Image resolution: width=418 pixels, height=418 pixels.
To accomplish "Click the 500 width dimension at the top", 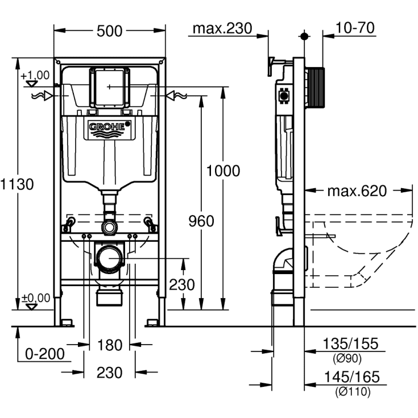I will pos(110,31).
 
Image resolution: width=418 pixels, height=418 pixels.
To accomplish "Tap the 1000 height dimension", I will pos(223,171).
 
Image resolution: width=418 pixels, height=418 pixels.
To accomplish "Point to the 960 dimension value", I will pos(201,221).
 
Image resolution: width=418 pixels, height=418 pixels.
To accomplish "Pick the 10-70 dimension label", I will pos(355,28).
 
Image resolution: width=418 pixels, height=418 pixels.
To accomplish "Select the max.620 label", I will pos(357,191).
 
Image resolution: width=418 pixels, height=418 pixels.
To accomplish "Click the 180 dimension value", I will pos(110,345).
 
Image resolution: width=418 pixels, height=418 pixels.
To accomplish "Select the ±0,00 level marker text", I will pos(35,297).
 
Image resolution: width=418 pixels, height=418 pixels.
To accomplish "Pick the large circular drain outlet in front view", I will pos(109,259).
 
